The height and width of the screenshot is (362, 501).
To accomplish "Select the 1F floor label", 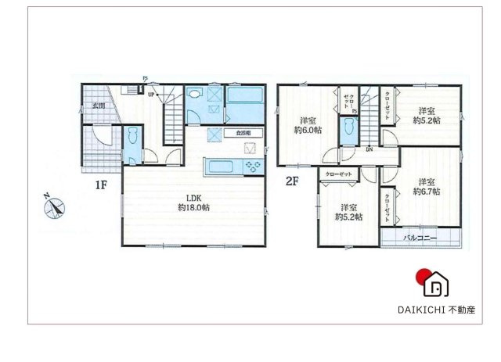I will [101, 186].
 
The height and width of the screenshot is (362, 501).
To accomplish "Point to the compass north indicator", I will [53, 206].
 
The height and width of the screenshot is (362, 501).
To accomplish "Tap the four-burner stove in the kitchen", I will [252, 165].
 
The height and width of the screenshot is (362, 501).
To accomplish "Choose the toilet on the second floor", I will [347, 129].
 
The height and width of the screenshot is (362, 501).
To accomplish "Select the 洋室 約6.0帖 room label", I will [307, 125].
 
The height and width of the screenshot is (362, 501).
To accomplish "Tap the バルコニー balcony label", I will [420, 236].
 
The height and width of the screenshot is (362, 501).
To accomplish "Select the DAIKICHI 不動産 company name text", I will [435, 310].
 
